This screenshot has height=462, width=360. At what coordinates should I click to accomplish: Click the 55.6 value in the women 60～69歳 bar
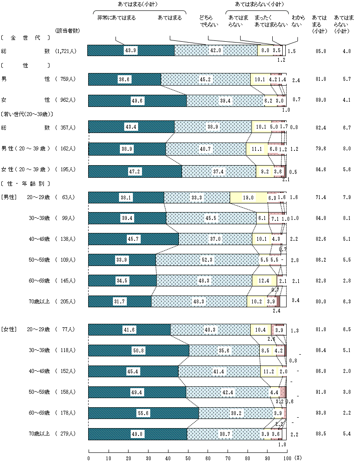(x=144, y=412)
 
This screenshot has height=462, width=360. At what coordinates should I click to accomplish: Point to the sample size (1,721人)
(x=66, y=51)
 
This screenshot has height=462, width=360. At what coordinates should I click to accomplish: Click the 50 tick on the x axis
(x=188, y=458)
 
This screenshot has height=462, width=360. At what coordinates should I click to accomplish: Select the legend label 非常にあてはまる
(x=116, y=18)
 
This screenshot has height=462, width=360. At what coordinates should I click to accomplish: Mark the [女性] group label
(x=9, y=329)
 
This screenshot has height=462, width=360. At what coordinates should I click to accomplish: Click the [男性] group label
(x=9, y=197)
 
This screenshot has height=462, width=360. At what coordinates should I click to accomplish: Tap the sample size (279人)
(x=66, y=433)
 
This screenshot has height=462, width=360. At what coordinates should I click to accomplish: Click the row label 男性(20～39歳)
(x=26, y=149)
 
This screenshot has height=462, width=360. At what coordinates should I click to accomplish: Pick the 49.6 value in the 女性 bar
(x=137, y=101)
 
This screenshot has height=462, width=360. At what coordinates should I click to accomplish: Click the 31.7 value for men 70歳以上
(x=120, y=301)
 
